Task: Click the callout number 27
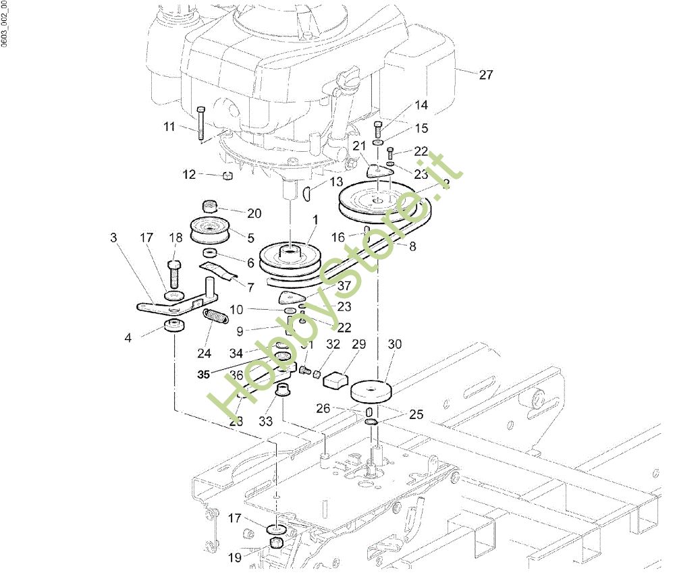(486, 75)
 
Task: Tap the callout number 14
(421, 105)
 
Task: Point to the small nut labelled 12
(227, 176)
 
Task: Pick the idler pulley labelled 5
(211, 231)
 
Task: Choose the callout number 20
(254, 213)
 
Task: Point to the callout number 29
(358, 344)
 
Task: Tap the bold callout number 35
(204, 375)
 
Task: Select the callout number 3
(113, 238)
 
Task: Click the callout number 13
(336, 182)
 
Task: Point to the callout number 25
(416, 414)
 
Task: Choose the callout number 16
(338, 237)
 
